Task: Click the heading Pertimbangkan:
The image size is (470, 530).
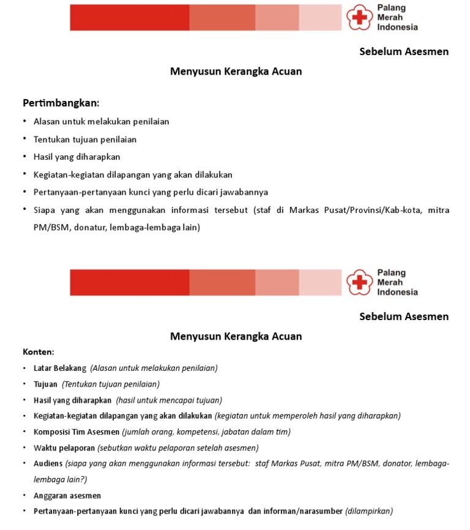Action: tap(61, 102)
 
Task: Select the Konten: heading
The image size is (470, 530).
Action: tap(38, 352)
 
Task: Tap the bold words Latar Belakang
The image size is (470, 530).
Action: tap(60, 368)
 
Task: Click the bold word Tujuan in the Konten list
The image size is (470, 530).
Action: tap(45, 384)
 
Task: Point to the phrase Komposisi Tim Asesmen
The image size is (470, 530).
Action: tap(76, 431)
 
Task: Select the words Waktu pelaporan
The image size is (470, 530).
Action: tap(64, 447)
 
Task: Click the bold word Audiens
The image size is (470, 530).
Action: tap(48, 463)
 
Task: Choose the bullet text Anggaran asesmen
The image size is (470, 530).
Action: tap(67, 495)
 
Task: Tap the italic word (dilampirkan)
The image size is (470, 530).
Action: tap(369, 511)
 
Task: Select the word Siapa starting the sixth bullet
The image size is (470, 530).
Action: tap(45, 210)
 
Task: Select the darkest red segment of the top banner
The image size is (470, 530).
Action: tap(129, 17)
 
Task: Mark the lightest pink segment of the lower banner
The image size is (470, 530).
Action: tap(320, 282)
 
